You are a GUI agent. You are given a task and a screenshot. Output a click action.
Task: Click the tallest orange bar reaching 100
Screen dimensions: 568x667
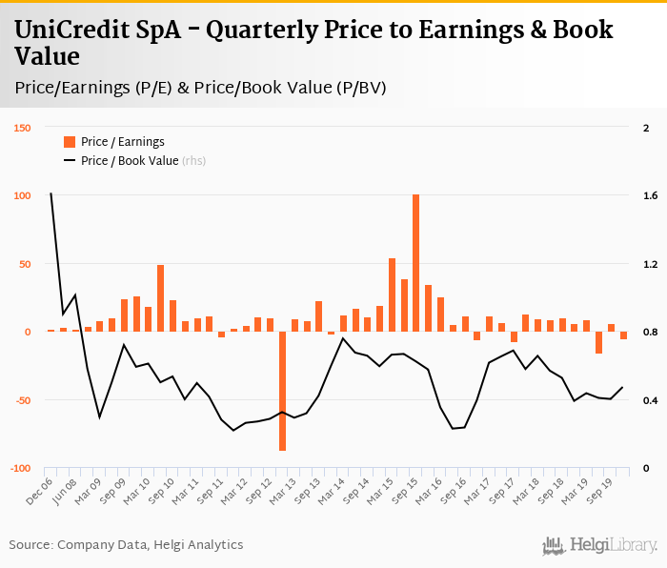click(x=416, y=262)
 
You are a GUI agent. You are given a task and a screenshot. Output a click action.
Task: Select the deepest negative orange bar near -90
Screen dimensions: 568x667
click(x=283, y=391)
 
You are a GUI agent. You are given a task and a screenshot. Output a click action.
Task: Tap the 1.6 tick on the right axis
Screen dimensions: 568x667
click(x=650, y=196)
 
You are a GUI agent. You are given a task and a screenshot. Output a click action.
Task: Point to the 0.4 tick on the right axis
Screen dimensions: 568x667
click(x=650, y=400)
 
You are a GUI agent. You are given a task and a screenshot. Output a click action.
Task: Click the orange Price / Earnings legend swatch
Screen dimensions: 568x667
click(x=69, y=142)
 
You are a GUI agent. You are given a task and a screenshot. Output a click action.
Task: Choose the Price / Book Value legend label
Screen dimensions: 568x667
click(x=129, y=161)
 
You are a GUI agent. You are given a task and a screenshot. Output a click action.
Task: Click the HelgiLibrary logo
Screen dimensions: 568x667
click(x=600, y=545)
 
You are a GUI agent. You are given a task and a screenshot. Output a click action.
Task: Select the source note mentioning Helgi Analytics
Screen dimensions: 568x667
click(x=126, y=545)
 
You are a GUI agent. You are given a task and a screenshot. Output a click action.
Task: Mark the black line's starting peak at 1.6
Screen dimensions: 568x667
click(x=51, y=194)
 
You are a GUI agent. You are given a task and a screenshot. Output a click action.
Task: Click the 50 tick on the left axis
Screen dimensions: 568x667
click(x=26, y=264)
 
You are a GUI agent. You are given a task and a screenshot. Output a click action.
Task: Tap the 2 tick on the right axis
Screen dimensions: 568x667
click(x=646, y=128)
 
